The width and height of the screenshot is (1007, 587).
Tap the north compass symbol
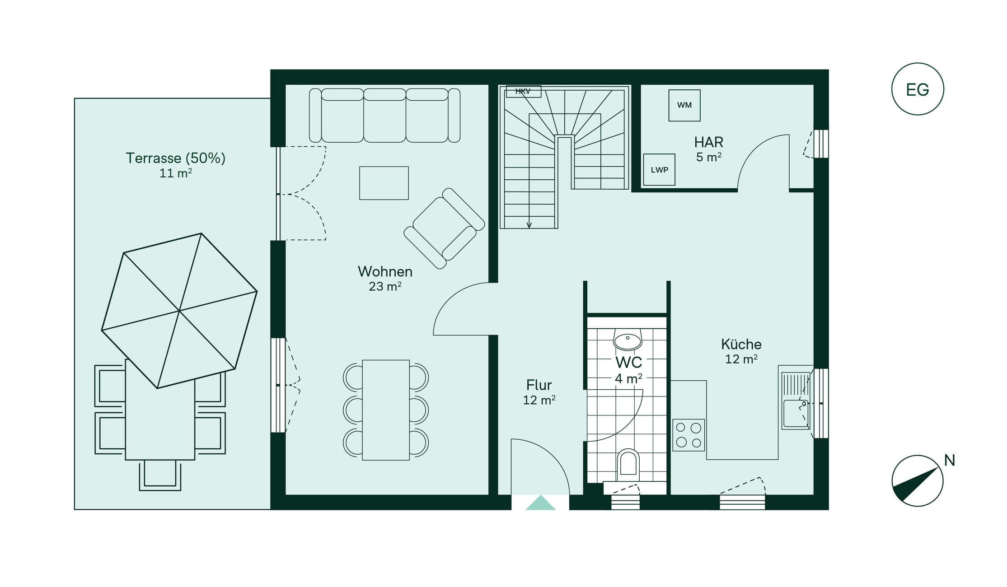pos(917,480)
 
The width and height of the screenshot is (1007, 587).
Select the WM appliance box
pos(684,105)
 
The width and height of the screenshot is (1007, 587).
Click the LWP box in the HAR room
pos(659,170)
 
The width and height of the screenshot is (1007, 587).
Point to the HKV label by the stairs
pos(523,91)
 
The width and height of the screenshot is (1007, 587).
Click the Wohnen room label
pos(385,271)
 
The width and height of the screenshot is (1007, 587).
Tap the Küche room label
pos(741,344)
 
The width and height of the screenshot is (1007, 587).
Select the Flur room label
pos(539,385)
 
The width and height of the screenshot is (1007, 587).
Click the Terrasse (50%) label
pos(175,158)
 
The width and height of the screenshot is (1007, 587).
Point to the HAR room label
pos(708,142)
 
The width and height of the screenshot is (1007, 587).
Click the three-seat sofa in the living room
pos(384,116)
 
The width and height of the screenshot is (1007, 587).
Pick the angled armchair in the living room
pos(444,228)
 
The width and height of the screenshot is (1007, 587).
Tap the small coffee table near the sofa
pos(384,183)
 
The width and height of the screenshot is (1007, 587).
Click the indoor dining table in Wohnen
pos(386,410)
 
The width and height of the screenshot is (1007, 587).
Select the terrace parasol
pos(179,311)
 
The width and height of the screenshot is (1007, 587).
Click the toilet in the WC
pos(628,464)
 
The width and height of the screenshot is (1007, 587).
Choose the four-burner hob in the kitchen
pos(689,435)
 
